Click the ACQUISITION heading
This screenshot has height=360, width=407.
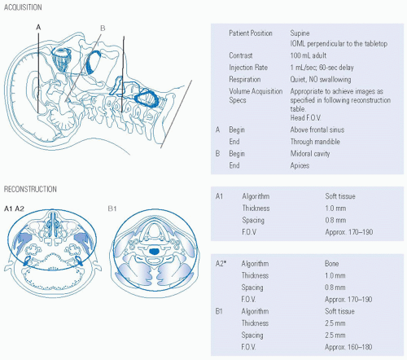pos(23,7)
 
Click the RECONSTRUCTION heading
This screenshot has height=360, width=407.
pos(30,189)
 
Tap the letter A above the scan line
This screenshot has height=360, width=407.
pos(38,27)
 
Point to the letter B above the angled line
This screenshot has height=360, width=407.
pos(103,28)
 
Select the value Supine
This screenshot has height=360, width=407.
pos(300,33)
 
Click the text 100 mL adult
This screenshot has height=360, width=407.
pos(309,55)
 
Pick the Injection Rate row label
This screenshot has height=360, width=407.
pos(248,68)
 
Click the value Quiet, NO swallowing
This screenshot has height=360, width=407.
pos(321,80)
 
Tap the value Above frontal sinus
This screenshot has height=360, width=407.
pos(317,130)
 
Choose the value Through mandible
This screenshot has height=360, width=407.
pos(315,142)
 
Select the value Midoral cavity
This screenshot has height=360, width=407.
pos(310,154)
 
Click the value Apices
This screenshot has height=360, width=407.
pos(300,165)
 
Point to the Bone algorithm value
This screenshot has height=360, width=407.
pos(331,264)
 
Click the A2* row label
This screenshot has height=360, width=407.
pos(221,264)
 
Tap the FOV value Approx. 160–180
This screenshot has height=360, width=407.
pos(348,347)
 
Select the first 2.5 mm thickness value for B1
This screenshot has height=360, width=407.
pos(335,323)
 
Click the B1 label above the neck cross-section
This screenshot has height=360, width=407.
pos(112,209)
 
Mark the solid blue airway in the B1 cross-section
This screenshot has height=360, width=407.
pos(154,252)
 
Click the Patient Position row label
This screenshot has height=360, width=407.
pos(251,33)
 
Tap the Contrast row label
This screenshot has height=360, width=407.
pos(241,55)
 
